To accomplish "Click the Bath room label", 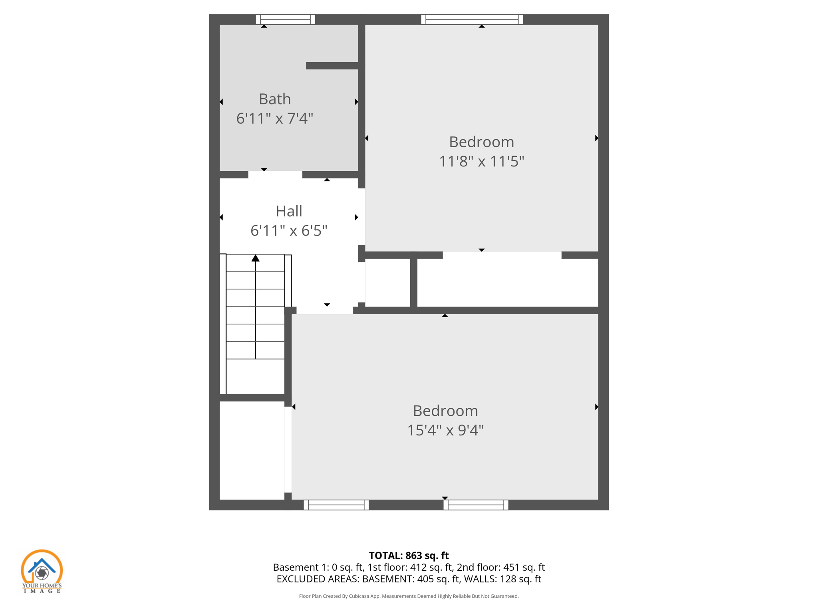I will [x=274, y=99].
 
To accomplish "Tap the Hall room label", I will [x=289, y=211].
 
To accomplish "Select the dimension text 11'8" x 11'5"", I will [x=481, y=162].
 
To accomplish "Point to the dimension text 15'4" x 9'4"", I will [x=445, y=431].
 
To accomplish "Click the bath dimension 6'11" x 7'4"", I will [x=274, y=119].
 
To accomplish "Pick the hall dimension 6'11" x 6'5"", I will [x=289, y=231].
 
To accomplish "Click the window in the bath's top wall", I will [x=285, y=19].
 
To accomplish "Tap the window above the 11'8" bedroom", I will [x=472, y=19].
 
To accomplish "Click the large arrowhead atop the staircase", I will [x=256, y=258].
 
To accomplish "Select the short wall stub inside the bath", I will [x=332, y=66].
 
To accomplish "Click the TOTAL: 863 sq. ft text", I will [x=409, y=556].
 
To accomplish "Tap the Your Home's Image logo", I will [x=42, y=571].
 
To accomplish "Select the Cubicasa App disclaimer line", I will [x=409, y=596].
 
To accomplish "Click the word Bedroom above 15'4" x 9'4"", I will [x=445, y=411].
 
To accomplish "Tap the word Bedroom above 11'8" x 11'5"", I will [x=481, y=142].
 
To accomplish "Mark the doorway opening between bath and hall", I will [x=275, y=175].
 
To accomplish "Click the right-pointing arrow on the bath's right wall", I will [x=356, y=102].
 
